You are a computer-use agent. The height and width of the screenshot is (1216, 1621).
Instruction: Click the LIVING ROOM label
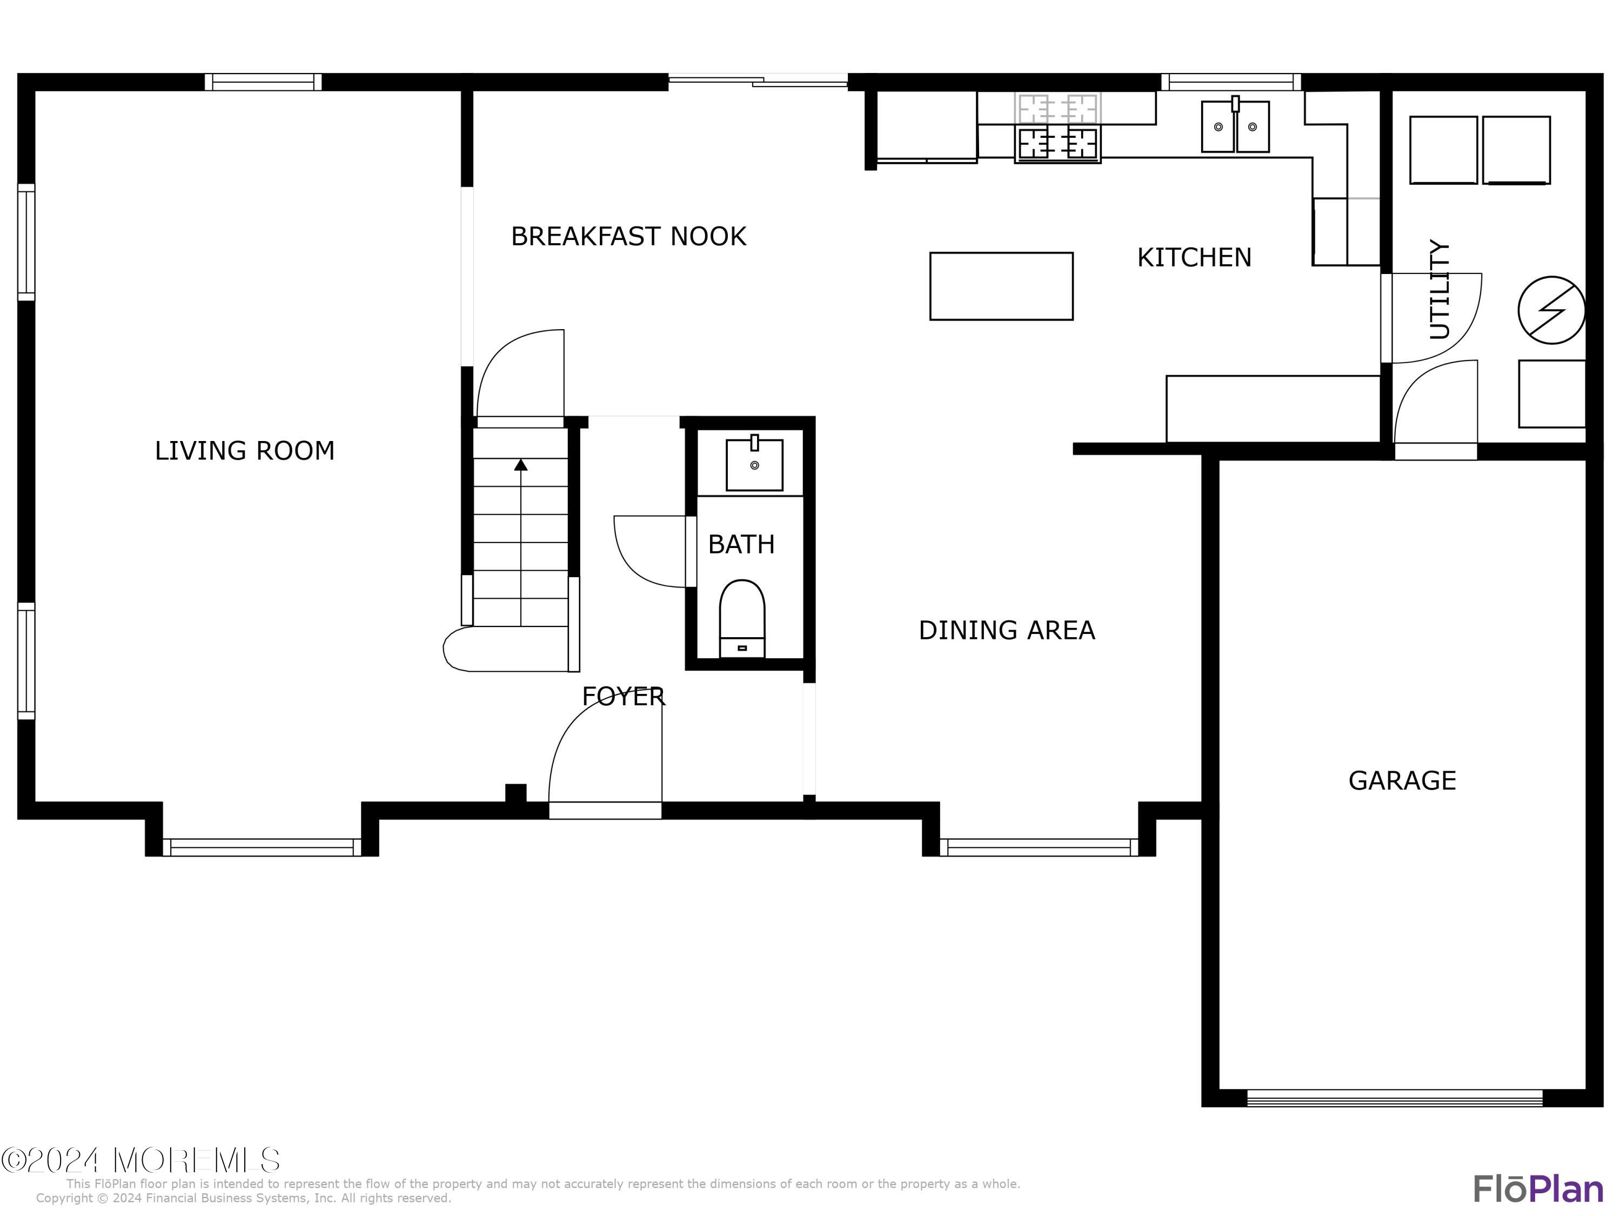244,451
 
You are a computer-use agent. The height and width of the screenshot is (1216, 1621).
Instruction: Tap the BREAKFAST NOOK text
628,237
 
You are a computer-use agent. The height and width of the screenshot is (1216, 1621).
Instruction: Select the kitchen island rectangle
1001,286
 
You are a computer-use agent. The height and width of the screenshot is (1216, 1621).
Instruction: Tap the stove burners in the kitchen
1057,143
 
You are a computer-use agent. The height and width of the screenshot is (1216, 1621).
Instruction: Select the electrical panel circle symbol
1551,310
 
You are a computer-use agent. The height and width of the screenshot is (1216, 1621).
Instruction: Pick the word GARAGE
1402,780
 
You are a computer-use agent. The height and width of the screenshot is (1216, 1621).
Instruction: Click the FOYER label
623,696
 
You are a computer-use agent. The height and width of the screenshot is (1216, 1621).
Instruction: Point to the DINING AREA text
1006,630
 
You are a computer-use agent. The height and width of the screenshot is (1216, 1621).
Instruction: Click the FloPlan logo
1537,1189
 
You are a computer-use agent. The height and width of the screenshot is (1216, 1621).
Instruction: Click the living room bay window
262,847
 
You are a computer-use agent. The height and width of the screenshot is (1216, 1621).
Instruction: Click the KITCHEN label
1194,258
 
